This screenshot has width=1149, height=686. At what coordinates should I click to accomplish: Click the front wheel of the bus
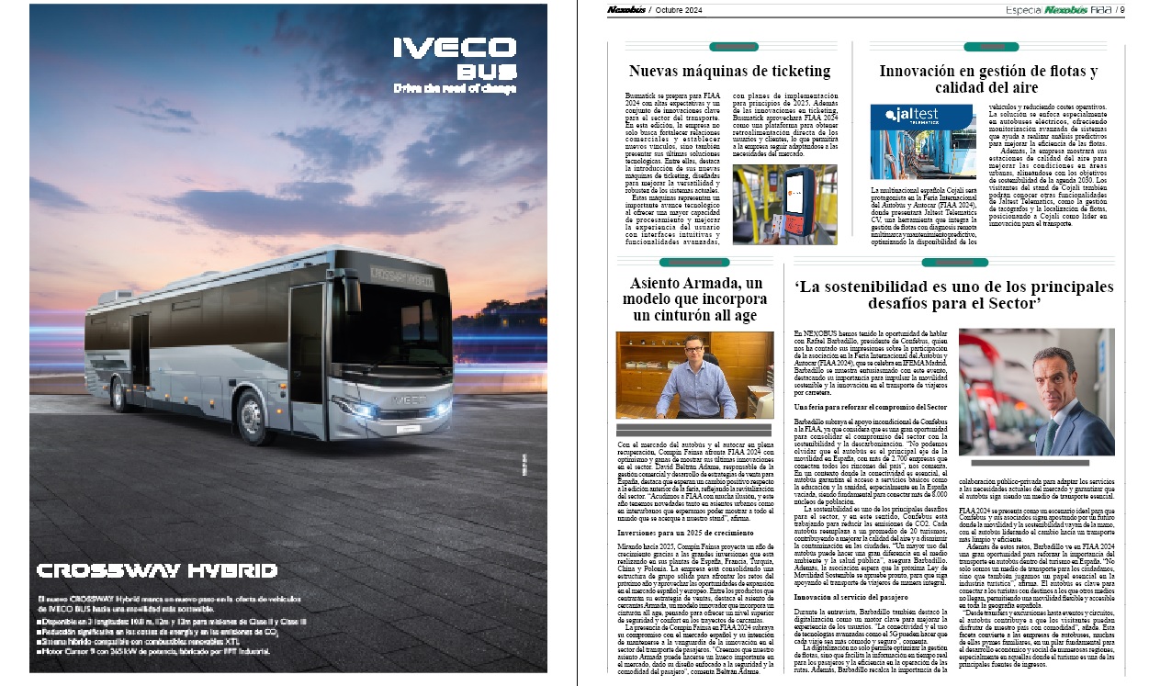252,418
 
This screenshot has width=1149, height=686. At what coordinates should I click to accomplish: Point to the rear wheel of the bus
118,393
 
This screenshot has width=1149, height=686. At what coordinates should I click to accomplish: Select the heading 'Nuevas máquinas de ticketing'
729,71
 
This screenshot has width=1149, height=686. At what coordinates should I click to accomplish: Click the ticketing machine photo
784,204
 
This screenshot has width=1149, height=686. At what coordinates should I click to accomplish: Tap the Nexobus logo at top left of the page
625,10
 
